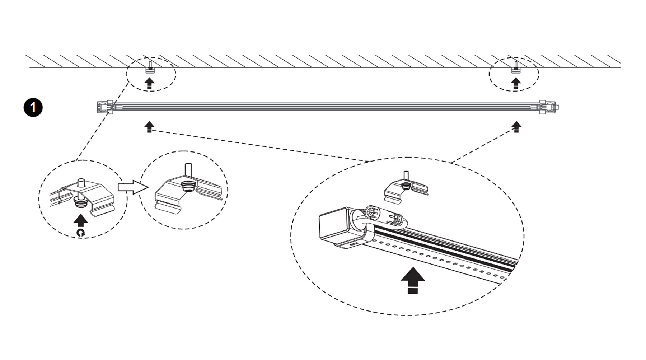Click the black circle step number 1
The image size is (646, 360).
click(33, 108)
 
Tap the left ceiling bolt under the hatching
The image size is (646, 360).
click(149, 67)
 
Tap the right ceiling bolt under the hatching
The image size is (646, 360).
click(516, 67)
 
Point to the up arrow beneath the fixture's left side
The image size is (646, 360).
click(149, 127)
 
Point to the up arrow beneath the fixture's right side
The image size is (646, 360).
click(516, 127)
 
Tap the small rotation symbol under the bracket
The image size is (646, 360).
click(81, 233)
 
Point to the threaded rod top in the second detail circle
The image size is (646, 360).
click(187, 169)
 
